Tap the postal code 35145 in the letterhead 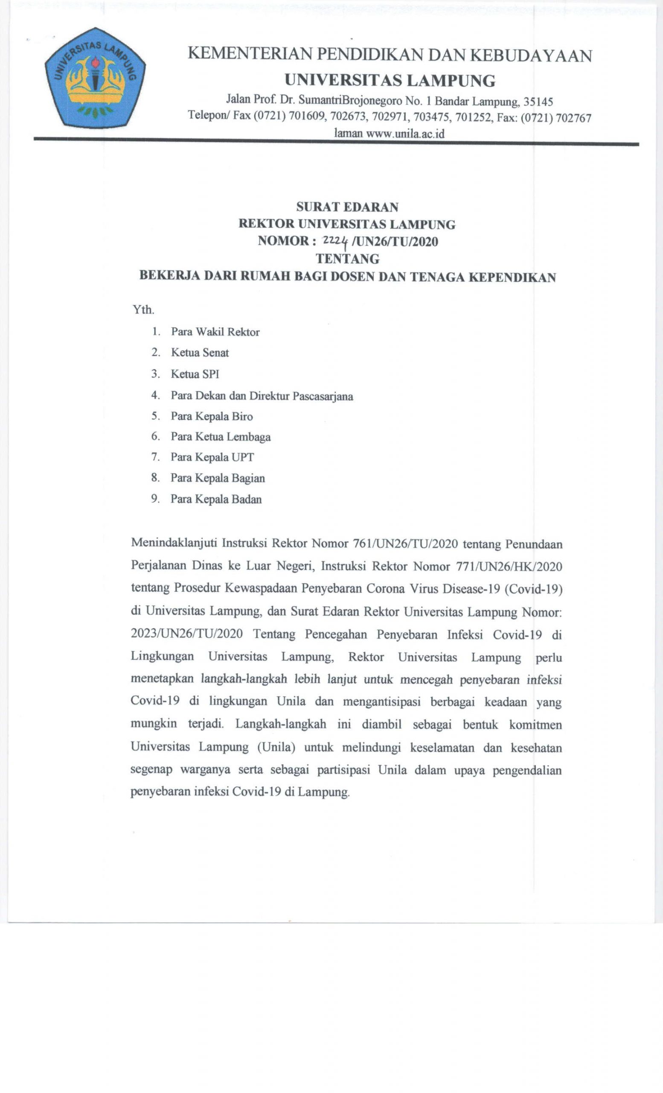538,102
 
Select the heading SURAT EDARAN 347,207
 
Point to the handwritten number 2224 335,241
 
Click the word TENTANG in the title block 347,259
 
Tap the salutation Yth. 143,310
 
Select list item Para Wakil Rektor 215,332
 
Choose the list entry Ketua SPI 195,374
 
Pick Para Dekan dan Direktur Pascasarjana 262,396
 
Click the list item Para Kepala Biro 212,416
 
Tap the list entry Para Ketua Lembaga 221,437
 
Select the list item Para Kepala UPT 212,457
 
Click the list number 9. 155,499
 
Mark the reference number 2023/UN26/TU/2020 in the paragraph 186,634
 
